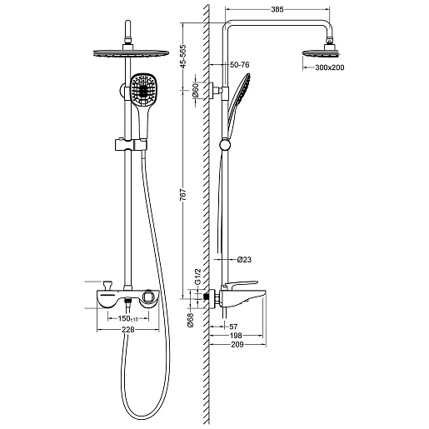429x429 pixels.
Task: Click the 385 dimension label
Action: click(277, 9)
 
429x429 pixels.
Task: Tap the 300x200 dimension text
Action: click(330, 67)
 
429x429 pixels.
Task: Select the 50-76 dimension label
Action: click(240, 65)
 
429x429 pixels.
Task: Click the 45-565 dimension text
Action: click(183, 57)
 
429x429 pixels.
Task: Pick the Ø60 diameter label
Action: click(196, 91)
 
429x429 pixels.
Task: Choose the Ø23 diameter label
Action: click(244, 260)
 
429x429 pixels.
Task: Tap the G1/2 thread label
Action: click(197, 277)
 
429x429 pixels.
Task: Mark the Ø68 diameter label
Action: click(191, 320)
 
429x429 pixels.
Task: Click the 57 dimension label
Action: click(233, 327)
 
